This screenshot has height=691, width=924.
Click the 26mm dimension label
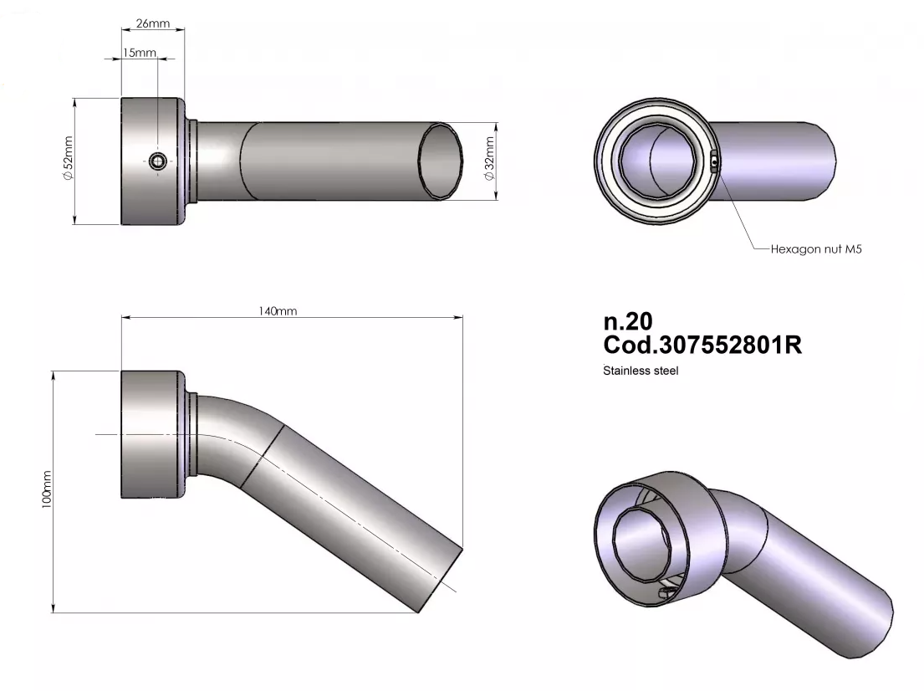153,23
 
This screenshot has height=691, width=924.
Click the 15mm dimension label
140,53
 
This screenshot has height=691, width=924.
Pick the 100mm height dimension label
48,489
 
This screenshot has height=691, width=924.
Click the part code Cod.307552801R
702,345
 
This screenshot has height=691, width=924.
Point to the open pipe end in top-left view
441,161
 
